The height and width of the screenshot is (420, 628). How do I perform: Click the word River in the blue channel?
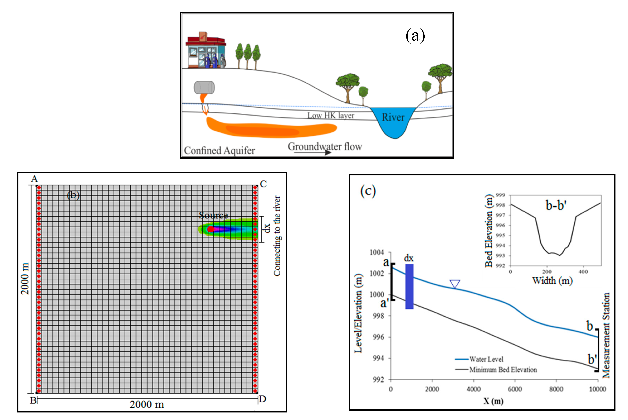point(393,117)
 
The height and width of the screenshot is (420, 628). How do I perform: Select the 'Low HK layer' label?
point(331,115)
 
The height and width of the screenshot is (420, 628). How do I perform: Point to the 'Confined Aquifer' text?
point(219,151)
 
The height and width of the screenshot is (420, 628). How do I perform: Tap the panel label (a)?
point(415,36)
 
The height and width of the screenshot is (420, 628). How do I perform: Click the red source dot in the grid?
point(211,229)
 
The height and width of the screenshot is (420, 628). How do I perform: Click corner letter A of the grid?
point(34,179)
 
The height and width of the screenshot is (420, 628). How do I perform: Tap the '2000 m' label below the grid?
point(147,404)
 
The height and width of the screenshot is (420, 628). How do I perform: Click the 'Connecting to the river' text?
point(277,236)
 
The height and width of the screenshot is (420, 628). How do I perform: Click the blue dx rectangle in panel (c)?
point(409,287)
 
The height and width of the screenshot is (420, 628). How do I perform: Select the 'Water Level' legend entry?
point(486,359)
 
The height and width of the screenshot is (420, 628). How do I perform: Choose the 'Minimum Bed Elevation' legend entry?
point(503,370)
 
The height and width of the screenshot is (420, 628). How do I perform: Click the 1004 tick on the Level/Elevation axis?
point(377,252)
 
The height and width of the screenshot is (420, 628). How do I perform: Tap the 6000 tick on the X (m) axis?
point(515,389)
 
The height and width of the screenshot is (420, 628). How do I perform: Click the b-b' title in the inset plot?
point(556,206)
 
